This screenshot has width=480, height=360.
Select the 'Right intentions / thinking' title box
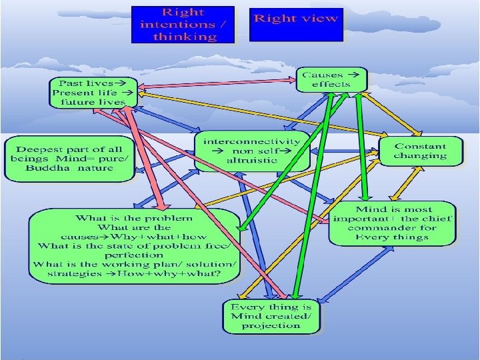(183, 25)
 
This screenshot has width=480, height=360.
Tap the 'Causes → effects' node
(331, 80)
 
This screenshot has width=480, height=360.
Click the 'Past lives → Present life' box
(93, 92)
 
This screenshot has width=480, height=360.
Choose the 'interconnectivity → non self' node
(252, 151)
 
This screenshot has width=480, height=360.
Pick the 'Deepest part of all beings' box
(69, 158)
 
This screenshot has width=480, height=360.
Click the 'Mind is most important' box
(393, 223)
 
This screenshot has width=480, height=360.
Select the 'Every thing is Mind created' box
(271, 316)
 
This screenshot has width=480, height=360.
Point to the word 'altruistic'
(252, 161)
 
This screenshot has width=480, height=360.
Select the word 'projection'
(271, 325)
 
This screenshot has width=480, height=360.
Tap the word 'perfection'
(134, 255)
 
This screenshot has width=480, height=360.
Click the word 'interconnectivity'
(252, 141)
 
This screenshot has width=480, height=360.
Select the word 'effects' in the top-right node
(331, 85)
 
